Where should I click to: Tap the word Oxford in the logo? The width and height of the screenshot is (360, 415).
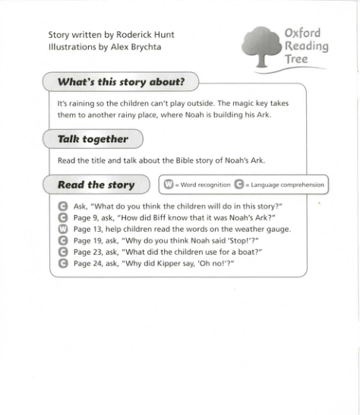(302, 33)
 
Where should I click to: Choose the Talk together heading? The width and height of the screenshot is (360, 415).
(93, 139)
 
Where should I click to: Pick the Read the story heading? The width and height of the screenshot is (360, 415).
(96, 185)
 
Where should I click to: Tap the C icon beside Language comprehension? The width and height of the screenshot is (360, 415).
(240, 185)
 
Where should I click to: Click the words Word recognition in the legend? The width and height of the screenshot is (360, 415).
(206, 185)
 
